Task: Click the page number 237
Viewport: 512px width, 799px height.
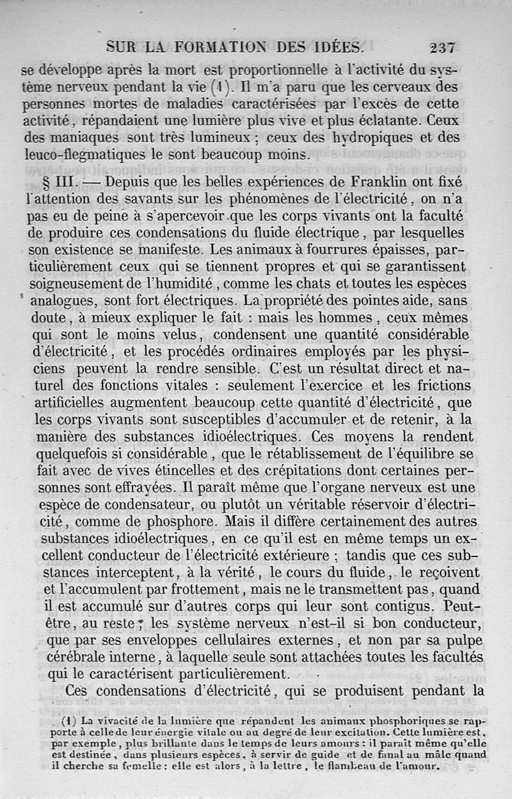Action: point(442,47)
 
